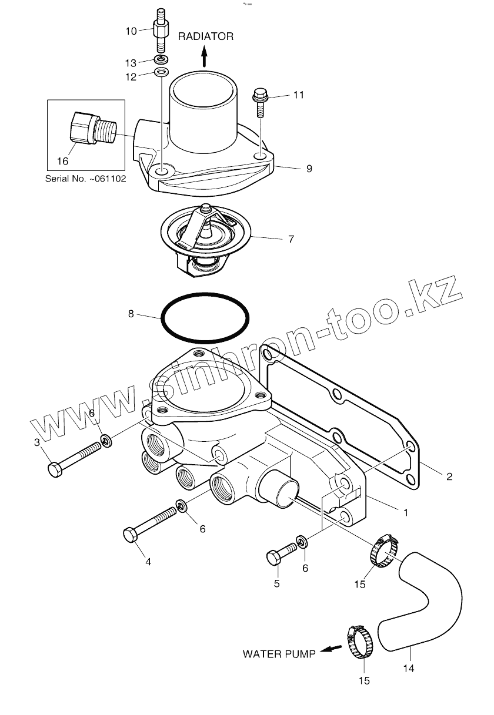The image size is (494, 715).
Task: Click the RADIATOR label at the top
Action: coord(206,36)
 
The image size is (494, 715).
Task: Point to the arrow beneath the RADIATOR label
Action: coord(205,57)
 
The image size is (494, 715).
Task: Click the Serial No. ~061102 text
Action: coord(85,178)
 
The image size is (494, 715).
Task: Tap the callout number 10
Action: coord(131,31)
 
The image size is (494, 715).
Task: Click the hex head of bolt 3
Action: coord(54,469)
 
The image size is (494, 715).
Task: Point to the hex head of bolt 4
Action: coord(131,535)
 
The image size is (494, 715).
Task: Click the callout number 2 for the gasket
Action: coord(449,476)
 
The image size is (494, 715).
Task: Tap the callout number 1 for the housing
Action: coord(405,512)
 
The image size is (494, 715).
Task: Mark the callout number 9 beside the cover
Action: coord(308,169)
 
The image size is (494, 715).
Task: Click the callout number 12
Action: coord(131,76)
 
